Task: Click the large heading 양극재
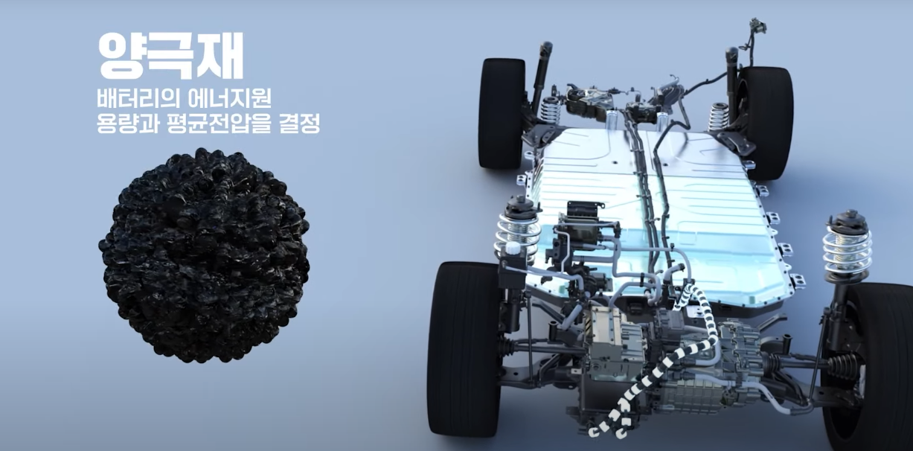point(171,56)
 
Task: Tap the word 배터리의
point(139,98)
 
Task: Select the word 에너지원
point(230,98)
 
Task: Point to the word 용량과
point(127,123)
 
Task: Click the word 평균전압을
point(219,123)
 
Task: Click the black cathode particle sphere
point(204,255)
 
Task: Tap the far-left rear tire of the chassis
point(502,113)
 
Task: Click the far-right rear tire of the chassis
point(766,122)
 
